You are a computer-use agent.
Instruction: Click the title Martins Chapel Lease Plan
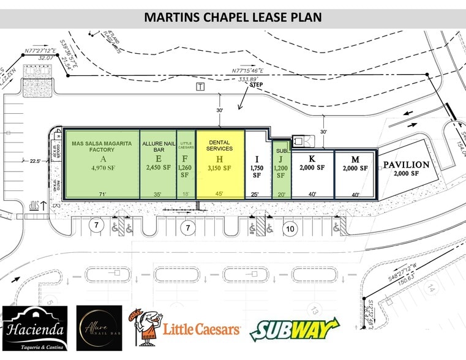233,17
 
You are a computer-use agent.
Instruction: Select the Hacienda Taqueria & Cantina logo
35,328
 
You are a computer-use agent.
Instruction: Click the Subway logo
293,331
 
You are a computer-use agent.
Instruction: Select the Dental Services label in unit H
219,145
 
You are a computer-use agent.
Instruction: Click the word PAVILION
407,165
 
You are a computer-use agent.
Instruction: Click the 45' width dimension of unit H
219,194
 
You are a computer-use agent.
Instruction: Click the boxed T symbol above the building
200,87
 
